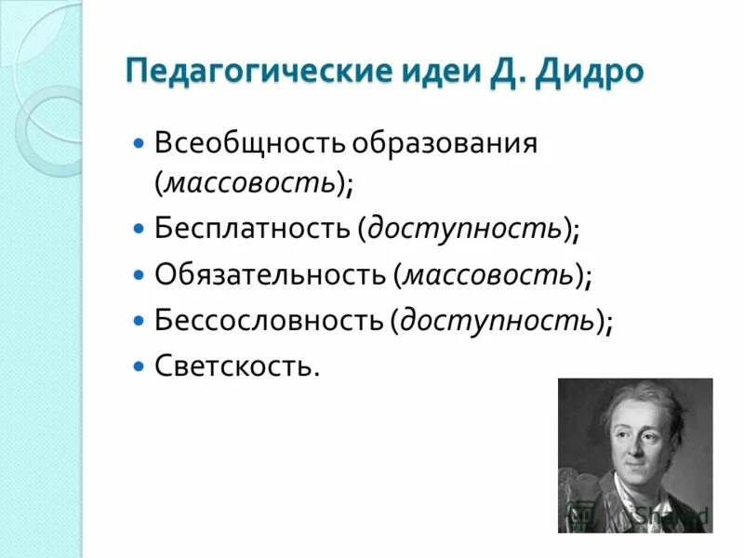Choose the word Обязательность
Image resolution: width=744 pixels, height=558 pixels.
point(269,274)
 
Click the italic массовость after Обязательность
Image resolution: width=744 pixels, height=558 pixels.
point(488,275)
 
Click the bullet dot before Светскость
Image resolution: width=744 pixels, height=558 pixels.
point(139,365)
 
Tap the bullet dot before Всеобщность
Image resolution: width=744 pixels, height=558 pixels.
point(139,144)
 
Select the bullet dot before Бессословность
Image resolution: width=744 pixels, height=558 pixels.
point(139,320)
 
